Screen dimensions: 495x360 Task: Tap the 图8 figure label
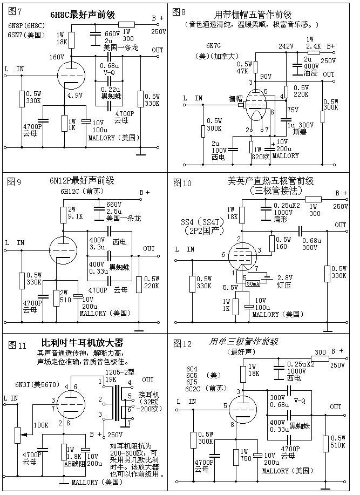(x=180, y=11)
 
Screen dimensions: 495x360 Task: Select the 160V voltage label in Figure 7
(x=57, y=56)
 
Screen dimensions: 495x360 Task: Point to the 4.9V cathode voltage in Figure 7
(x=75, y=96)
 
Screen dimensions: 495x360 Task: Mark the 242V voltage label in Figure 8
(x=286, y=46)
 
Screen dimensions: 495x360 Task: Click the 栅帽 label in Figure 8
(x=235, y=99)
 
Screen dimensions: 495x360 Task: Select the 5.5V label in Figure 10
(x=229, y=287)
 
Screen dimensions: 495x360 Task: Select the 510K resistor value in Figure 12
(x=338, y=446)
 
